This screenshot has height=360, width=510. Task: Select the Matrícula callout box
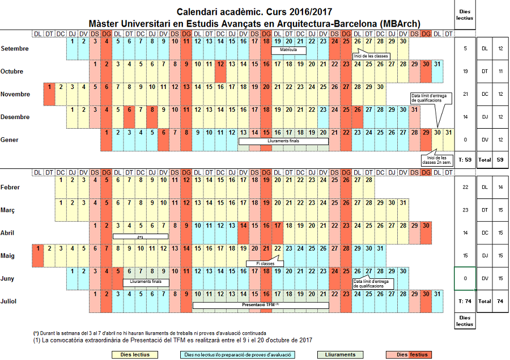pos(288,50)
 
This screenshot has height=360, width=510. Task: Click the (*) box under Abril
pos(140,236)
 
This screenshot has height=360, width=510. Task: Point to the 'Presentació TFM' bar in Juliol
pos(260,305)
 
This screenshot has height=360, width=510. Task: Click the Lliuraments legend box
pos(340,355)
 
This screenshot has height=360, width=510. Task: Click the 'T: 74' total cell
pos(464,302)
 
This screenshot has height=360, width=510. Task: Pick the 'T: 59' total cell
pos(464,160)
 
